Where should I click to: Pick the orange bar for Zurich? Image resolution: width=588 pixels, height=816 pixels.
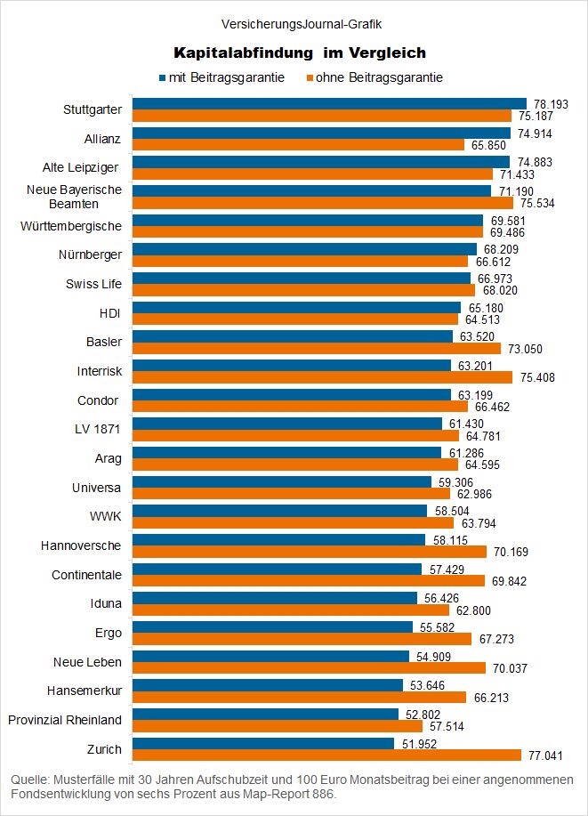327,755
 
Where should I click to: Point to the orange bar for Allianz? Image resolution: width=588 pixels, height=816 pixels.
298,144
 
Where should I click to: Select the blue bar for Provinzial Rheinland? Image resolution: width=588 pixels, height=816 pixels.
265,713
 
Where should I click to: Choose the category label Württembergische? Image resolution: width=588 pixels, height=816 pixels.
71,226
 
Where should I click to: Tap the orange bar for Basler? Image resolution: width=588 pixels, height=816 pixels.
317,348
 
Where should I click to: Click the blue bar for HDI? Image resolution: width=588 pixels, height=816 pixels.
296,307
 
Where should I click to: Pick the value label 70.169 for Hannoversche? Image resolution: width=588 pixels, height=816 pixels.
510,552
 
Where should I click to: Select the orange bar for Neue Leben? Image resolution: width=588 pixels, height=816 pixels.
310,667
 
